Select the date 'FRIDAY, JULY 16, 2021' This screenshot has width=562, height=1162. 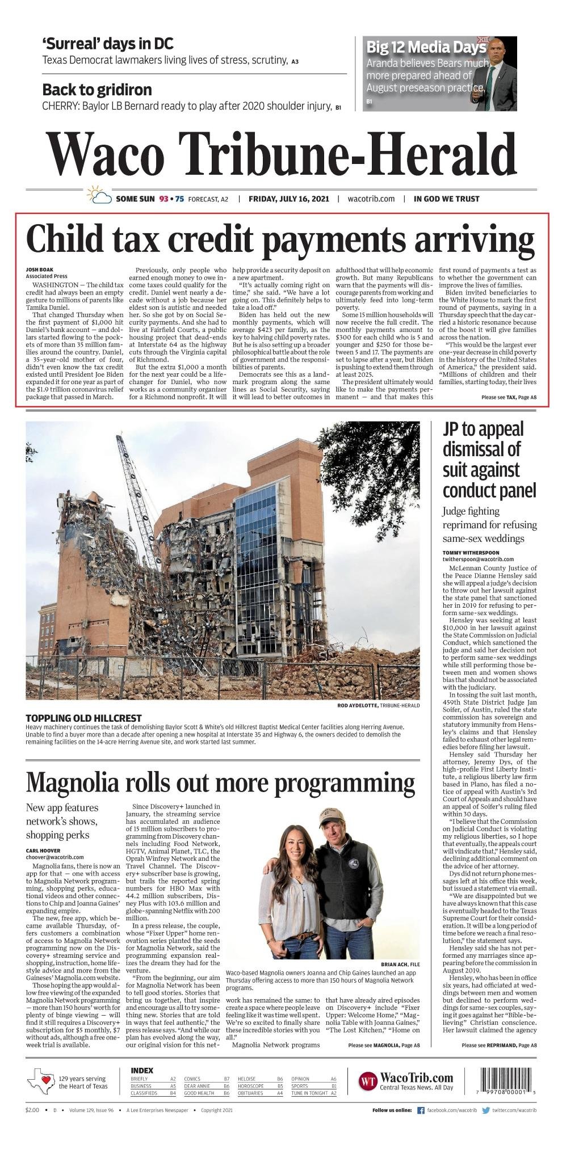(289, 199)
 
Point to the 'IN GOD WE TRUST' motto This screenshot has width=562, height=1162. (446, 199)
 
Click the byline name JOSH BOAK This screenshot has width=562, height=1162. (38, 270)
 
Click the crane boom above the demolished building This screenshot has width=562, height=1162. (136, 482)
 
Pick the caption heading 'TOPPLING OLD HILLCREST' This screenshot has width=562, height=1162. (83, 718)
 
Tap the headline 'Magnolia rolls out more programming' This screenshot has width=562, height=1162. (220, 782)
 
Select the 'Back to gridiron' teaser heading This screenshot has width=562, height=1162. (97, 90)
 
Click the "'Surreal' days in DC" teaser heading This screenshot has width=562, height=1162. (108, 44)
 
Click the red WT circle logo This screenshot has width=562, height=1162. (368, 1081)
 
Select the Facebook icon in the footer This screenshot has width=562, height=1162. (421, 1110)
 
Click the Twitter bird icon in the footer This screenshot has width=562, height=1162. (486, 1110)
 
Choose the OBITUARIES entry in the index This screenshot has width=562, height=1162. (250, 1093)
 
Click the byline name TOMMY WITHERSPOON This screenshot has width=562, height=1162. (471, 552)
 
